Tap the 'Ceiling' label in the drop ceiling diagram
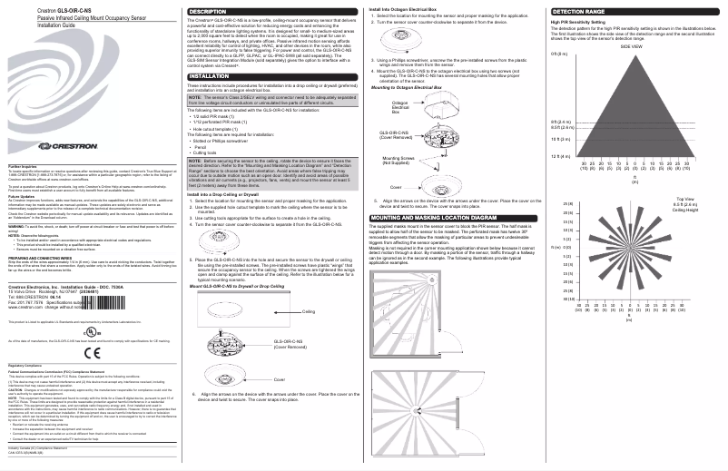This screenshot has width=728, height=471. coord(308,311)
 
